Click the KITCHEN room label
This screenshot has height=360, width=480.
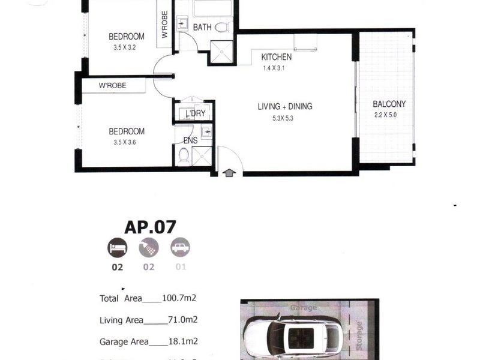(x=276, y=57)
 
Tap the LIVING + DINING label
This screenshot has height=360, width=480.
(x=285, y=107)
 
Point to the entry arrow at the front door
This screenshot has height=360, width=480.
(x=229, y=173)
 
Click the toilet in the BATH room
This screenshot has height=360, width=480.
(x=221, y=27)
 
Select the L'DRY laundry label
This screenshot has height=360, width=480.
(x=195, y=113)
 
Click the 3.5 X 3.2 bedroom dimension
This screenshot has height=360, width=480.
(x=126, y=47)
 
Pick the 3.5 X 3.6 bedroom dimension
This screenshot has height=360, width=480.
(x=126, y=142)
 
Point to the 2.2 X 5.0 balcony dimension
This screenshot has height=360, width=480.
(x=386, y=114)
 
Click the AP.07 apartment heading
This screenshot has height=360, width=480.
(x=150, y=227)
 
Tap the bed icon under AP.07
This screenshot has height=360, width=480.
(x=117, y=247)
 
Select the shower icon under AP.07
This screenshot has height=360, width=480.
(x=149, y=247)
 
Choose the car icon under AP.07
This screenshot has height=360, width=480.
(x=180, y=247)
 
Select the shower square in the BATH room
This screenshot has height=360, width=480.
(x=220, y=52)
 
